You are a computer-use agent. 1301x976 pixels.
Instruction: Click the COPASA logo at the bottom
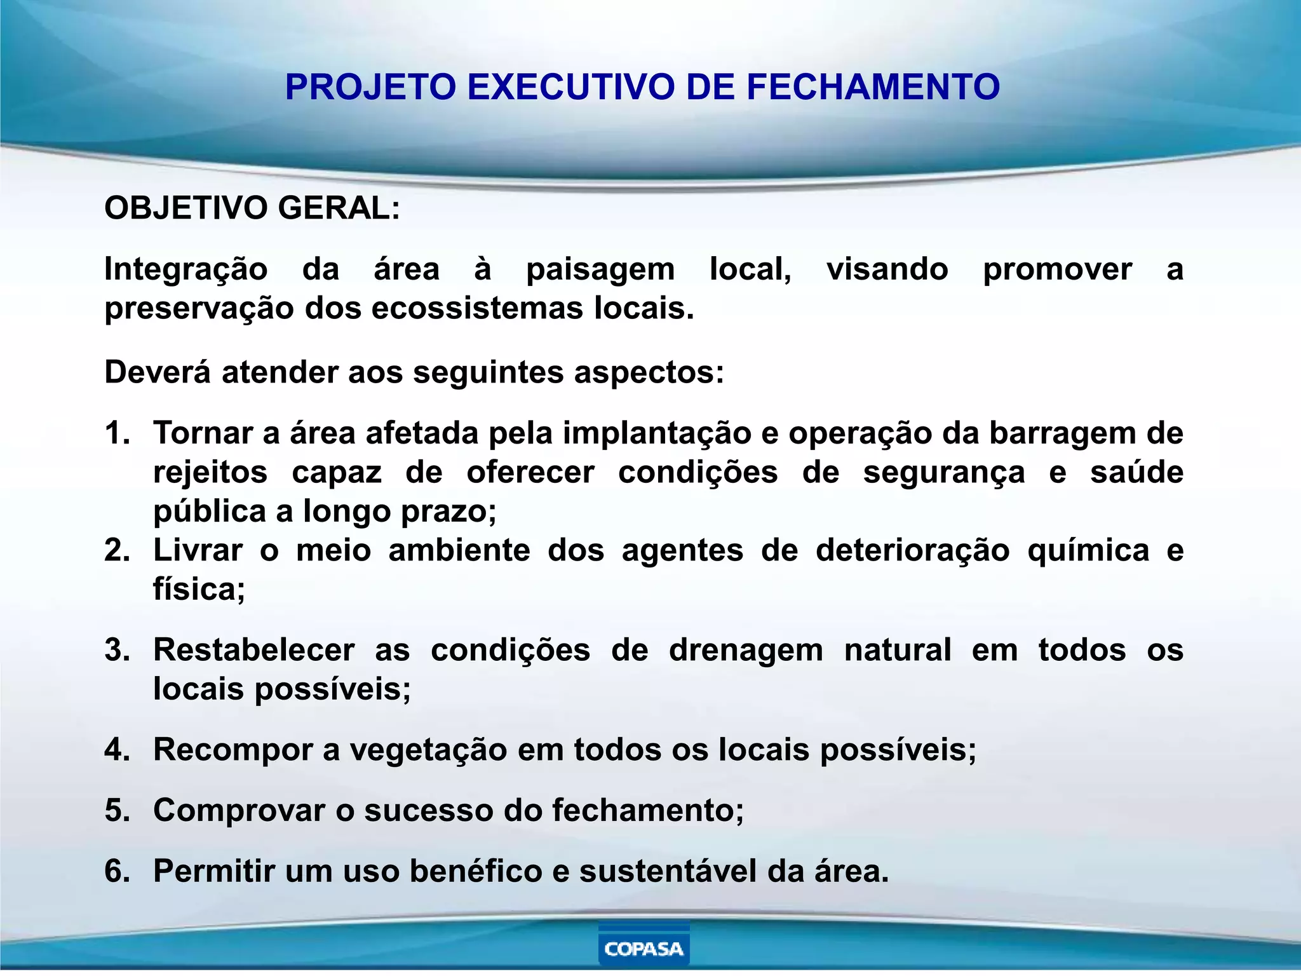click(x=644, y=948)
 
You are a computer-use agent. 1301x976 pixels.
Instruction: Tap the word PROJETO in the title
click(x=370, y=87)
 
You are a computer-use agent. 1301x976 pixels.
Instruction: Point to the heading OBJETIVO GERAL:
click(x=252, y=208)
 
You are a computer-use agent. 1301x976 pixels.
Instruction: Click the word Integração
click(x=185, y=269)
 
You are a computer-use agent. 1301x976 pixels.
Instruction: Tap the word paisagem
click(x=600, y=269)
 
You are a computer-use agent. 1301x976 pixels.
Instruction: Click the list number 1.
click(x=117, y=433)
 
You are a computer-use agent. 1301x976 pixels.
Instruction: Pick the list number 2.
click(x=117, y=550)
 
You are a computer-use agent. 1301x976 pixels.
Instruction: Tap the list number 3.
click(x=117, y=650)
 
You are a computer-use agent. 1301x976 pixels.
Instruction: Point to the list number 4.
click(x=117, y=750)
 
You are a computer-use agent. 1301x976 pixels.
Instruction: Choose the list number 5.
click(x=117, y=811)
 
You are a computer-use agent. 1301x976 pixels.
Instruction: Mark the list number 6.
click(x=117, y=871)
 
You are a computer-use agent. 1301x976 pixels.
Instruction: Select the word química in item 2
click(x=1088, y=550)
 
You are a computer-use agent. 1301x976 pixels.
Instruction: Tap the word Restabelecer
click(x=253, y=650)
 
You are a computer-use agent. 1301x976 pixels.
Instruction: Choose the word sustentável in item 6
click(x=668, y=871)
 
